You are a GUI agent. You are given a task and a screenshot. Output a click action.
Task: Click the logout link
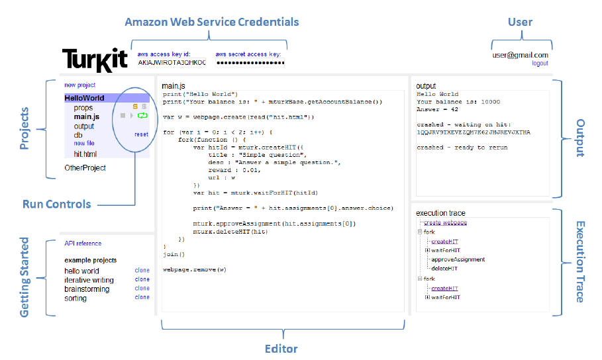coord(540,64)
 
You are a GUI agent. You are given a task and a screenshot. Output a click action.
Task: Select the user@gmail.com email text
coord(521,55)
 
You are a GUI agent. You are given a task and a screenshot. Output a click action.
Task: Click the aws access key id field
coord(172,62)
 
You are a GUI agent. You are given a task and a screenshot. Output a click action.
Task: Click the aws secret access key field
coord(250,62)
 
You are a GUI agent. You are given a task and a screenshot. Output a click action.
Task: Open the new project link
coord(79,85)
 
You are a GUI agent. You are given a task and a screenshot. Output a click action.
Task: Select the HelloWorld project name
coord(84,98)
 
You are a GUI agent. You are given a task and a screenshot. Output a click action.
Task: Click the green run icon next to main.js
coord(142,116)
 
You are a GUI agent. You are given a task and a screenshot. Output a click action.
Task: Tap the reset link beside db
coord(141,134)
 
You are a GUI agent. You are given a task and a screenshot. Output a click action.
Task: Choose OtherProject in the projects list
coord(85,168)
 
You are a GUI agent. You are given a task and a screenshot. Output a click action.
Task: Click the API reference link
coord(83,244)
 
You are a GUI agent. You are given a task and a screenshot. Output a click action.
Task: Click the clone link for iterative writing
coord(142,279)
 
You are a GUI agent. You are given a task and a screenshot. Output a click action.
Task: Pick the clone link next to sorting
coord(142,298)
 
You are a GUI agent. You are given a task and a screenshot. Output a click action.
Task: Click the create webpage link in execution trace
coord(445,222)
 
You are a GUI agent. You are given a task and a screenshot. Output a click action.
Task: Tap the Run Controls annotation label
coord(56,204)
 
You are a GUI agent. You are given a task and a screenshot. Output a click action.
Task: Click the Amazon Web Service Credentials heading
coord(212,22)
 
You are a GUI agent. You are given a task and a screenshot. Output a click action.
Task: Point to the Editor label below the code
coord(281,349)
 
